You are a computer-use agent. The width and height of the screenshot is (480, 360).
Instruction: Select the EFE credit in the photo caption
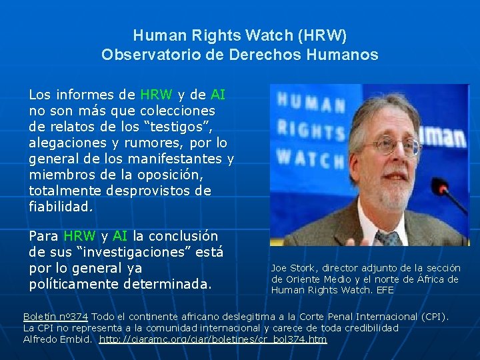(385, 290)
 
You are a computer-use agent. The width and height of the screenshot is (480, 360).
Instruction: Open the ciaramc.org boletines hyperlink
(213, 339)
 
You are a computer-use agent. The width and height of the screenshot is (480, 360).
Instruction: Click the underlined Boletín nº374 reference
(57, 316)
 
